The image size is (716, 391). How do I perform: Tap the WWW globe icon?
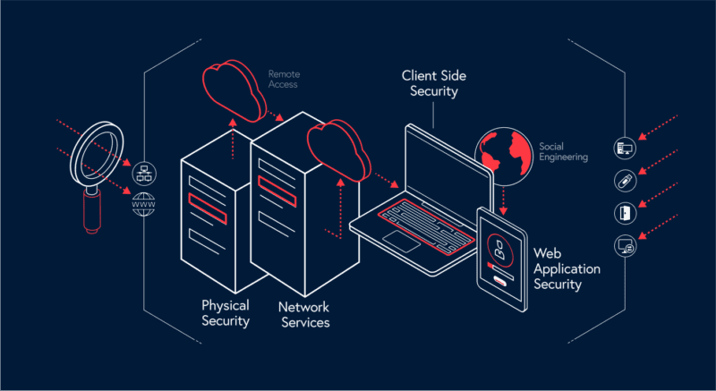(141, 203)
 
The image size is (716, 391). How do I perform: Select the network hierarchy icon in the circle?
(141, 174)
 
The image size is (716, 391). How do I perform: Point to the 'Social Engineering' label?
(564, 151)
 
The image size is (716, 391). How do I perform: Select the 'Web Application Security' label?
(567, 269)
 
